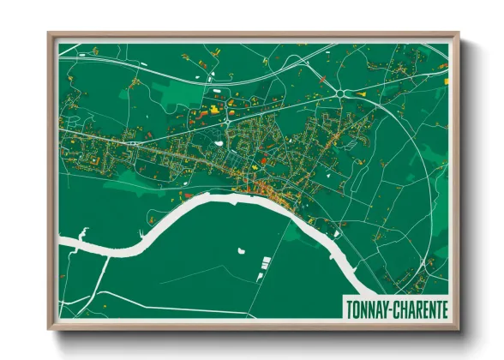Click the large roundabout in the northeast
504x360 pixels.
click(343, 92)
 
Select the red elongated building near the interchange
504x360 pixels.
click(196, 111)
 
